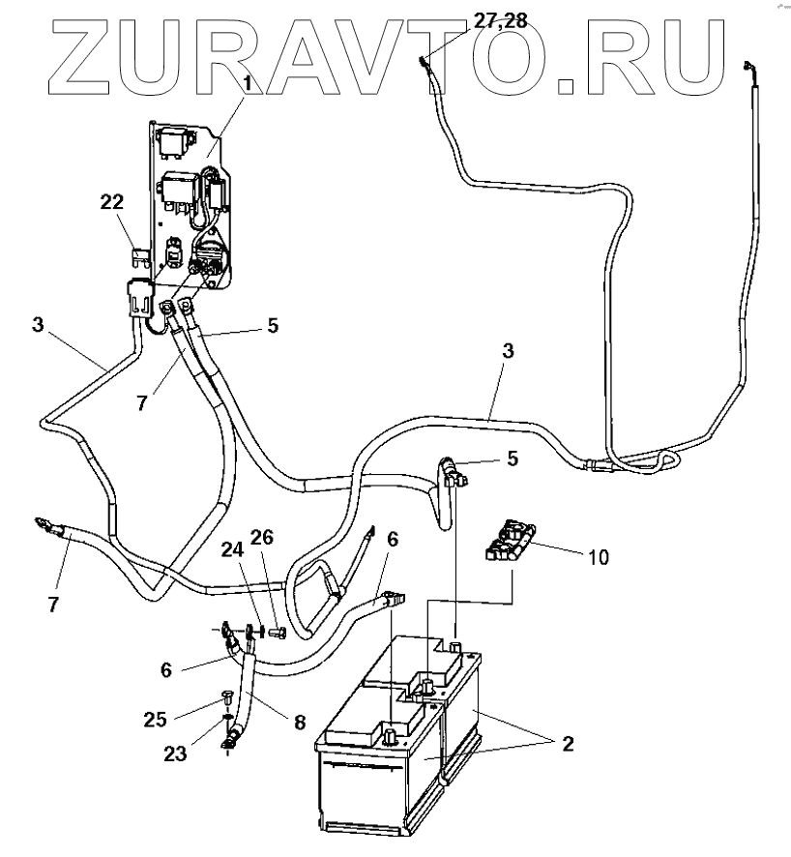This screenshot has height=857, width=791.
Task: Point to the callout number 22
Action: pyautogui.click(x=112, y=201)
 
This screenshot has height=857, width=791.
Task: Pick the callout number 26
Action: pyautogui.click(x=263, y=537)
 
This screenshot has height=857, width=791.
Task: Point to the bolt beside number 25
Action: pyautogui.click(x=228, y=695)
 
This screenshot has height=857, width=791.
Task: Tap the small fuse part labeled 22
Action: pyautogui.click(x=141, y=256)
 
